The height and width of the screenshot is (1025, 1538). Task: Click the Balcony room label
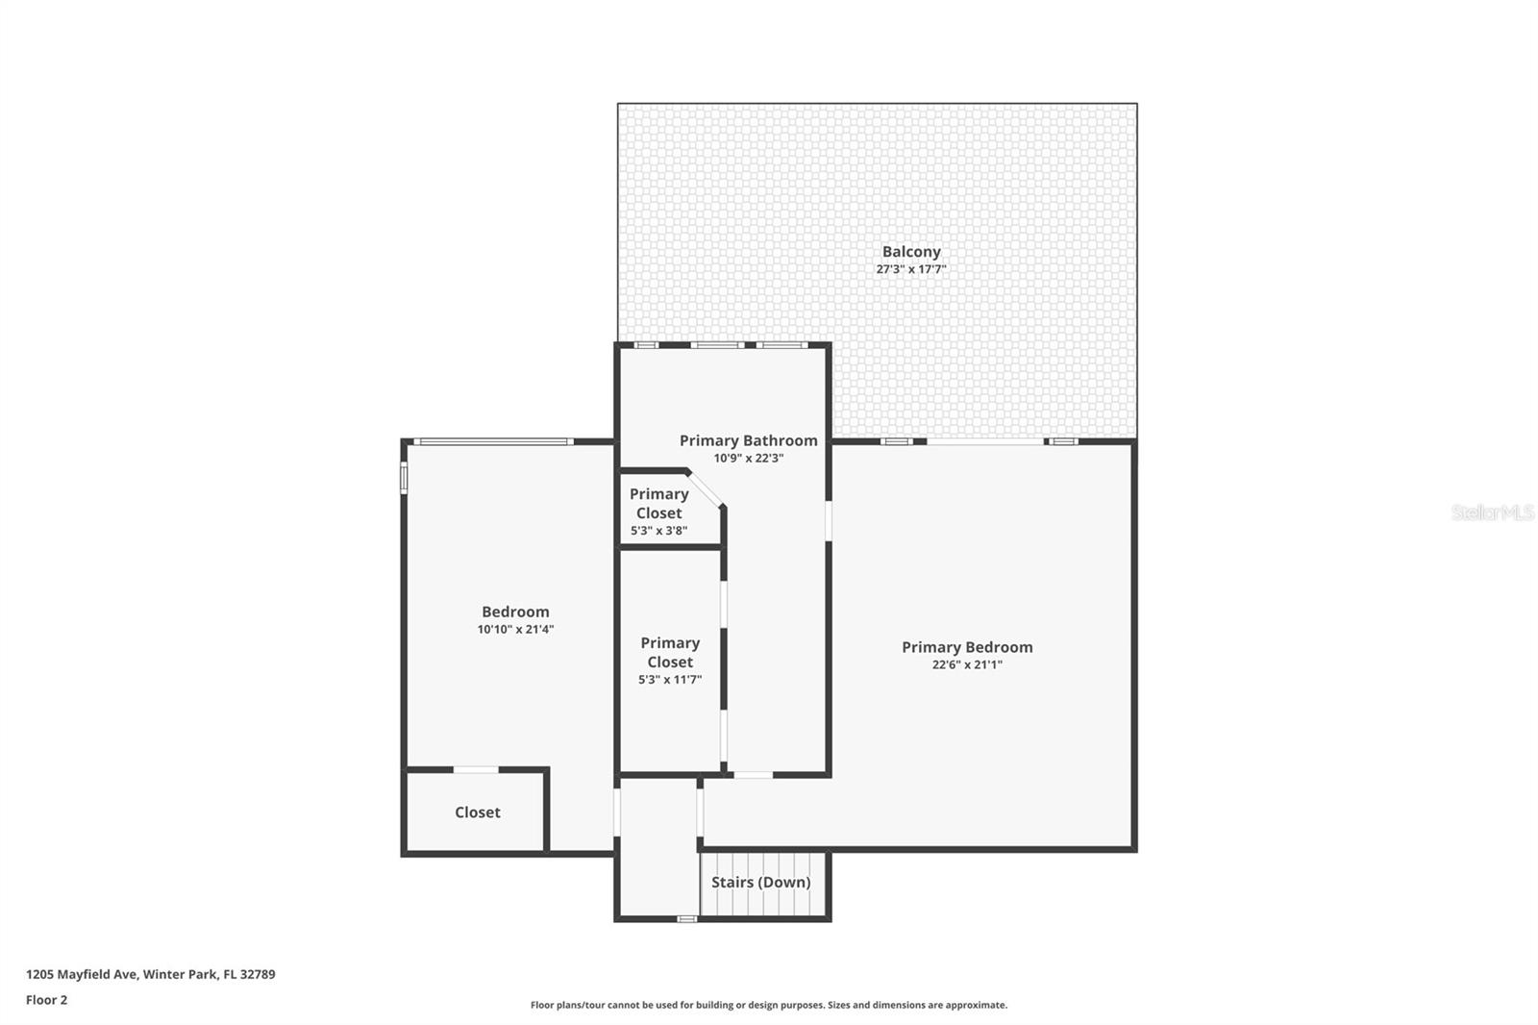click(910, 252)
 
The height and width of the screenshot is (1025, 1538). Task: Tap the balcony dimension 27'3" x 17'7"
click(910, 269)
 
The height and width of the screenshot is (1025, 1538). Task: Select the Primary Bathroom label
click(748, 440)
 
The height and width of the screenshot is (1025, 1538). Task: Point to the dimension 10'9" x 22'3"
click(748, 459)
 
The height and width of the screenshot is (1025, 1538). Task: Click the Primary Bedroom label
click(966, 647)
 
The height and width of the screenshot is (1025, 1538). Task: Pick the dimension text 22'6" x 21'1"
click(966, 664)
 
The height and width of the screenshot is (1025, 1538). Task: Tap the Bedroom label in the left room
click(515, 612)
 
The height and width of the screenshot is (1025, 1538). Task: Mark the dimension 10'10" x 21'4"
click(515, 630)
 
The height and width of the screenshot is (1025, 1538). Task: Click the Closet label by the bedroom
click(477, 812)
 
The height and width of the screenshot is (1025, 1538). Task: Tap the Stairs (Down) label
click(760, 882)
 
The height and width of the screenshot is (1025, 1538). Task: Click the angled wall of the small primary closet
click(705, 487)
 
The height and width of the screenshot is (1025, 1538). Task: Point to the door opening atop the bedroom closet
click(476, 769)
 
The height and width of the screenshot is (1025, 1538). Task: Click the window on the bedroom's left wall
click(405, 477)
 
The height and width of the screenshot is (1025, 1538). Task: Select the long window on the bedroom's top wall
click(492, 441)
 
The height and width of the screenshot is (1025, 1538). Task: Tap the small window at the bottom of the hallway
click(686, 919)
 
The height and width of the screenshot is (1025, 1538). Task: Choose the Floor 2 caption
click(46, 1000)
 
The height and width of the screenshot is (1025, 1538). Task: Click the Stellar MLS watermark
click(1492, 512)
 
